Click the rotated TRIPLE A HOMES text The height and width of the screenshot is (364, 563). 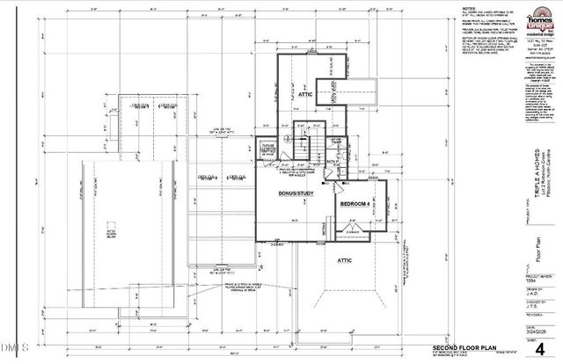point(524,176)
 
